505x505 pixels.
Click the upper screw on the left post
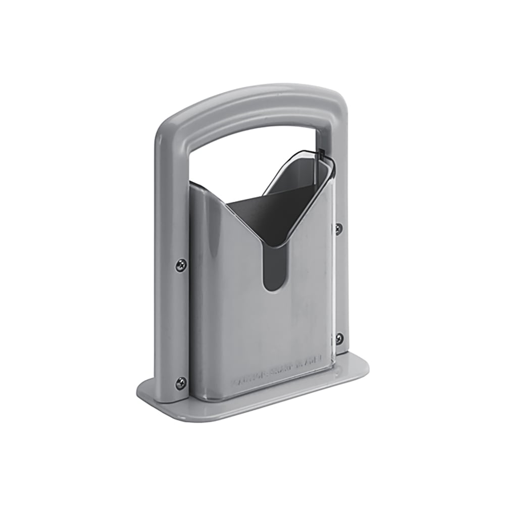pos(181,265)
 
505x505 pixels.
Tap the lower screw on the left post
pos(181,383)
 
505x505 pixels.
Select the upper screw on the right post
pos(338,229)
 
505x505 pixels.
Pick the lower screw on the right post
pos(339,338)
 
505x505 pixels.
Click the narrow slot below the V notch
pos(274,270)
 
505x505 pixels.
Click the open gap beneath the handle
pos(242,151)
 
